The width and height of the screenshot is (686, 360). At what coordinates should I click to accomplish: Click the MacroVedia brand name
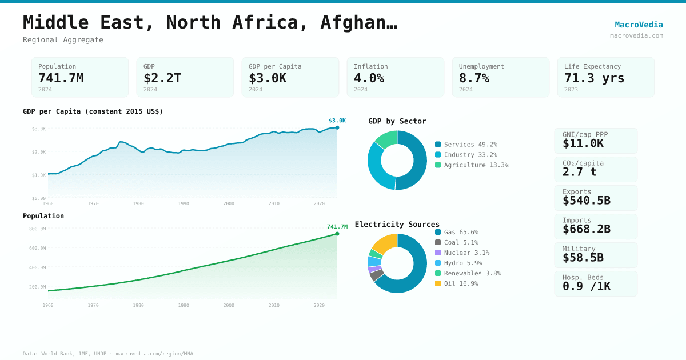(639, 25)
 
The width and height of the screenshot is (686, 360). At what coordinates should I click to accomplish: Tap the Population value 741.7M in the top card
(61, 78)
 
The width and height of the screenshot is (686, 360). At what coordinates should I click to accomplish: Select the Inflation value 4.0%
(369, 78)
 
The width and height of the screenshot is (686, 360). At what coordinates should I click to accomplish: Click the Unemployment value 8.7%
(474, 78)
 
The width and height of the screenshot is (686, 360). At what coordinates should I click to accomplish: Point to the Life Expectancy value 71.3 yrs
(594, 78)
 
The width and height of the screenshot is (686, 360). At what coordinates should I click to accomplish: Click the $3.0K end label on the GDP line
(337, 121)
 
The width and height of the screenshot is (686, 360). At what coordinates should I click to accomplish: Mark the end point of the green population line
(337, 234)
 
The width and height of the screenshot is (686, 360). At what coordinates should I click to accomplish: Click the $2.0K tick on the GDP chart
(39, 152)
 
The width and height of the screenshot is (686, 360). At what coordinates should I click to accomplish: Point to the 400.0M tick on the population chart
(38, 267)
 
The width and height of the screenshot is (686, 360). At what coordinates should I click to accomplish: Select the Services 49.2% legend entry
(466, 145)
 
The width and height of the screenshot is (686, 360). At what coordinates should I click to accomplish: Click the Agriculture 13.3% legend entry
(471, 165)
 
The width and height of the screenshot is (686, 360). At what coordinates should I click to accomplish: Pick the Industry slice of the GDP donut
(377, 166)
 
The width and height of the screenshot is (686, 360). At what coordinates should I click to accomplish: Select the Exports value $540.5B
(586, 200)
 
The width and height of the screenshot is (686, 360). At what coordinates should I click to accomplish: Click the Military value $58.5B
(583, 257)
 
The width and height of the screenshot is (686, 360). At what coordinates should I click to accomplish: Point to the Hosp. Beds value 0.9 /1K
(586, 286)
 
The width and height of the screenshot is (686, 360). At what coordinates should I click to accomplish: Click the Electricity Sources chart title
(397, 224)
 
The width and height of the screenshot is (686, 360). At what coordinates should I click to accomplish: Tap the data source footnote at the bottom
(108, 354)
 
